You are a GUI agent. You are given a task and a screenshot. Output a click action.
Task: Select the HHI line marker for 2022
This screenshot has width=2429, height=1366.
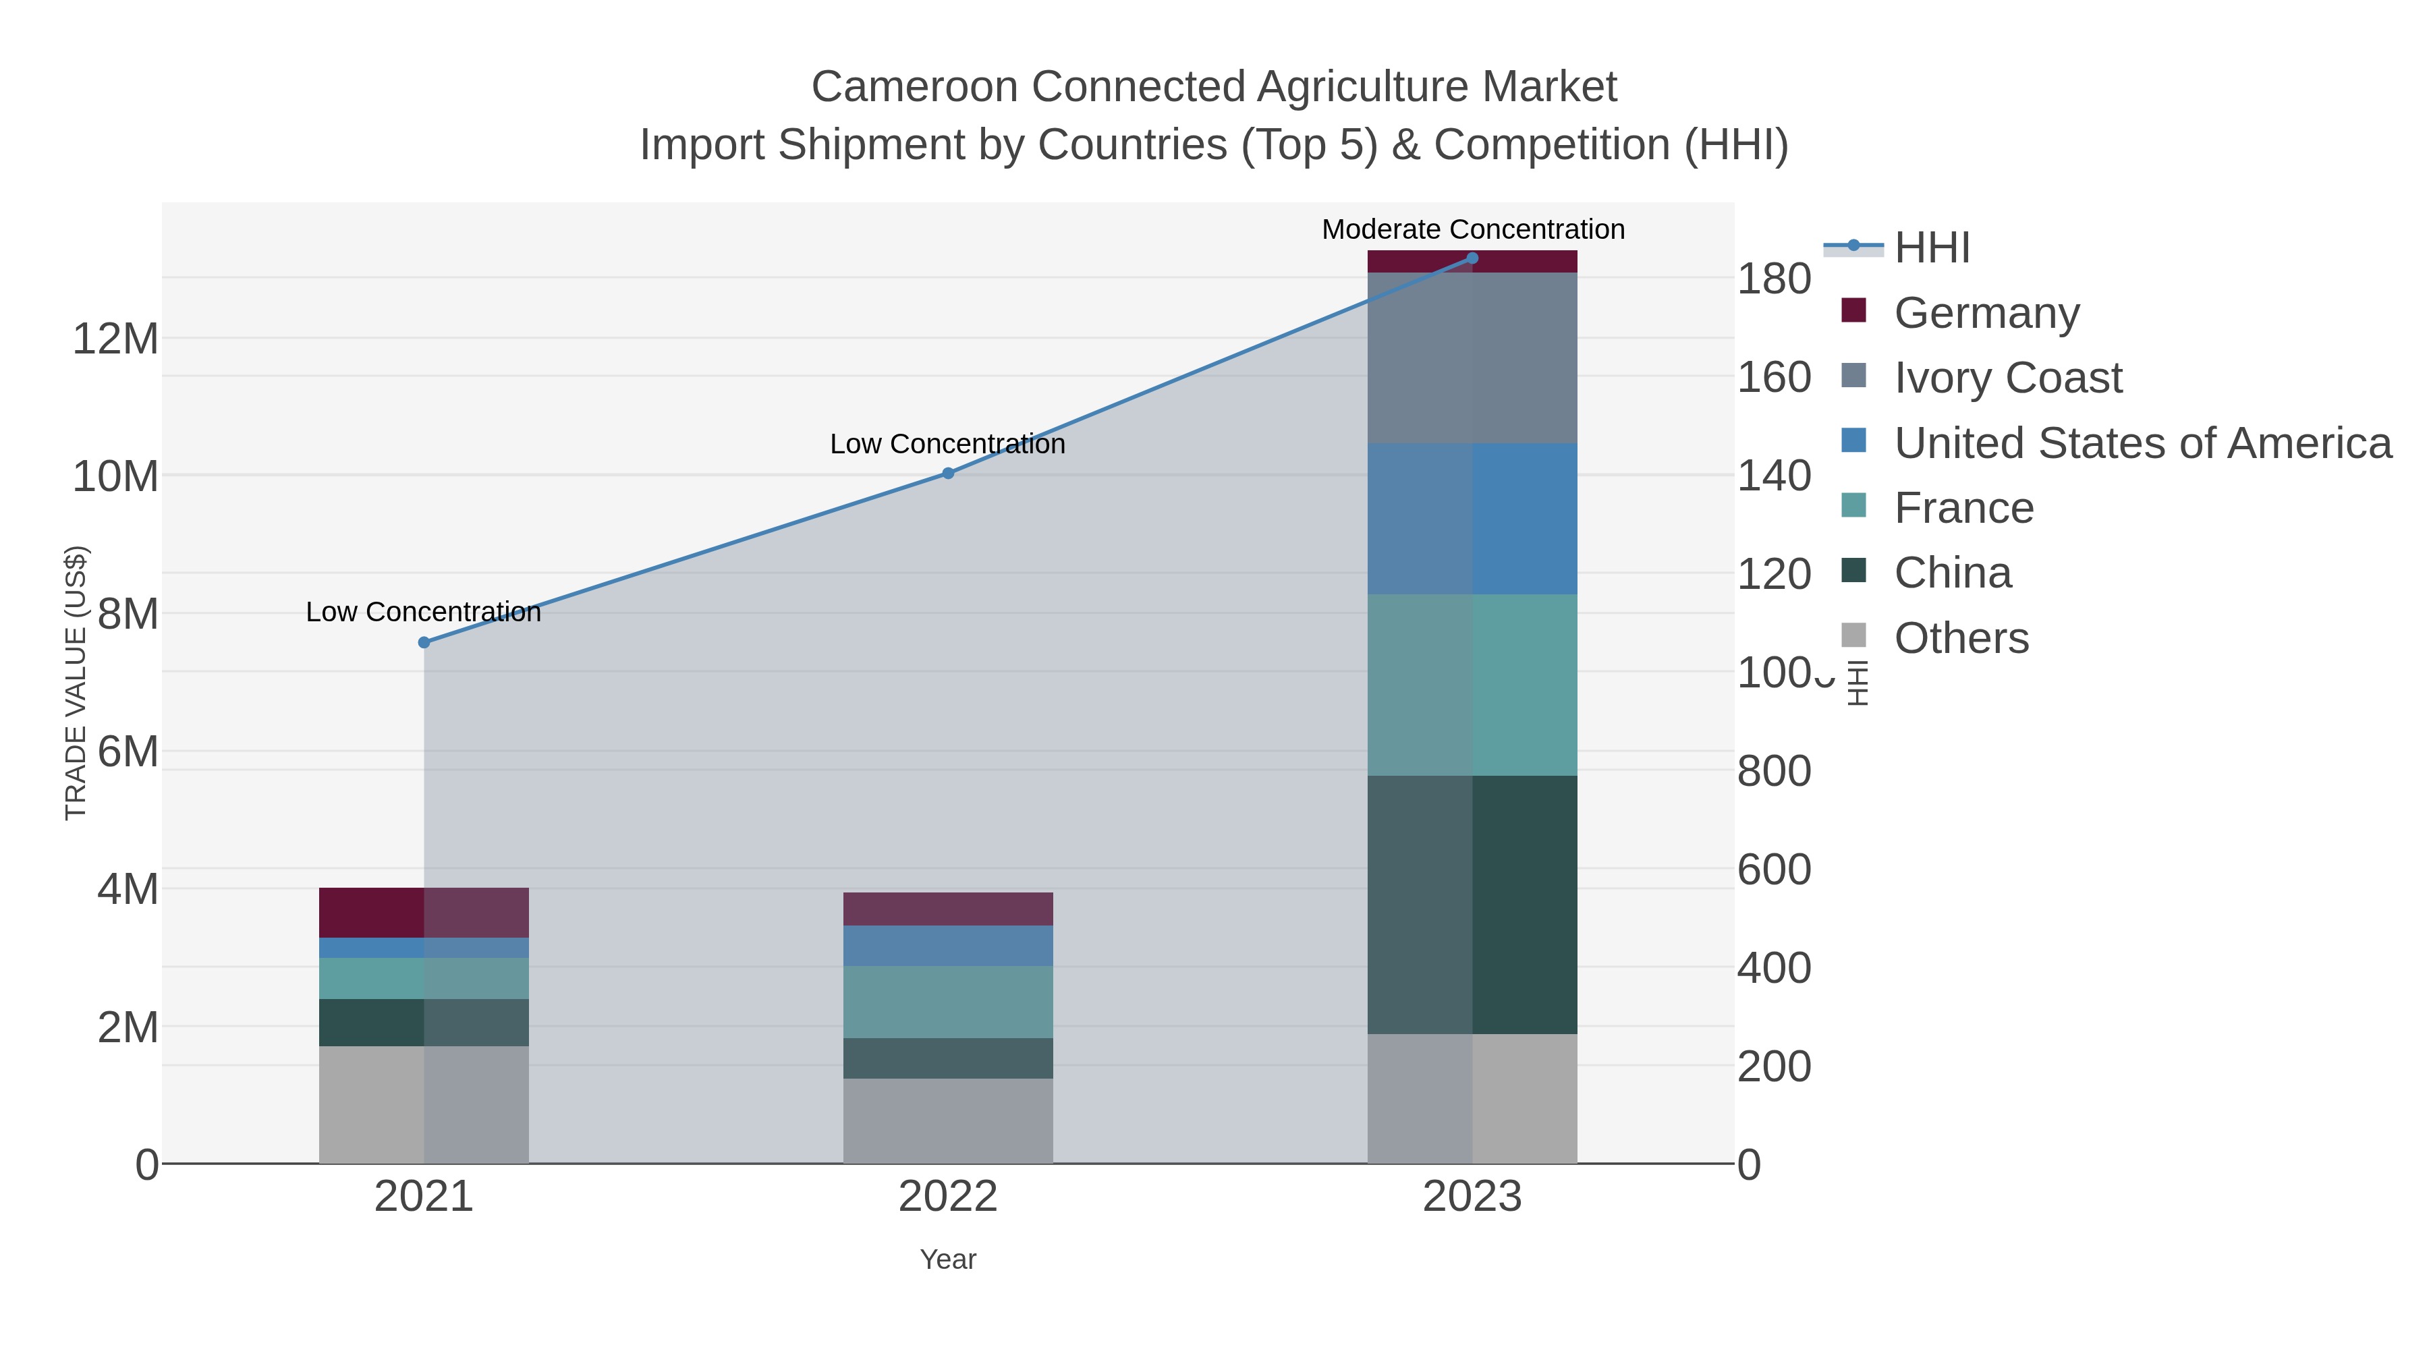948,474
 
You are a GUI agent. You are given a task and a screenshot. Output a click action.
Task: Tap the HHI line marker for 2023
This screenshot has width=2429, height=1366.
1472,258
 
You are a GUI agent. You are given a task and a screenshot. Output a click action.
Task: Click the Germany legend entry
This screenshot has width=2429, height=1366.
1986,313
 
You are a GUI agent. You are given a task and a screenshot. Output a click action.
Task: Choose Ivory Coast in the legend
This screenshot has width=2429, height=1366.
2007,378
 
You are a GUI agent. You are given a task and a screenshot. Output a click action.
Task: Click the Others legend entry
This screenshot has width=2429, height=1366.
1960,638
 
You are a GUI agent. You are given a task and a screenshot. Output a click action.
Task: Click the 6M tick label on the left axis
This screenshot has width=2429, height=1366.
128,752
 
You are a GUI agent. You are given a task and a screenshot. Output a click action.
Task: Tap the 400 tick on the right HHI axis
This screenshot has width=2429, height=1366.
1774,968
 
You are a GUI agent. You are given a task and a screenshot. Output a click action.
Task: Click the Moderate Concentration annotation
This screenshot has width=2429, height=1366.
1473,229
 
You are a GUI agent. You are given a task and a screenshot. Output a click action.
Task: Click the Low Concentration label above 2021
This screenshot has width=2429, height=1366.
423,612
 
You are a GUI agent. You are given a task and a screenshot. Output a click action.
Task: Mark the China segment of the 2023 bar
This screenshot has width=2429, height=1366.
1472,905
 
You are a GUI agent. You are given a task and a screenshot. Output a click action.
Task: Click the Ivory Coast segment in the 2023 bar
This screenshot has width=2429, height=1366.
1472,358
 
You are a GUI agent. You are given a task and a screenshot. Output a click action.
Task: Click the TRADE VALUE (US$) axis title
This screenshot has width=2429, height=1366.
76,683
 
